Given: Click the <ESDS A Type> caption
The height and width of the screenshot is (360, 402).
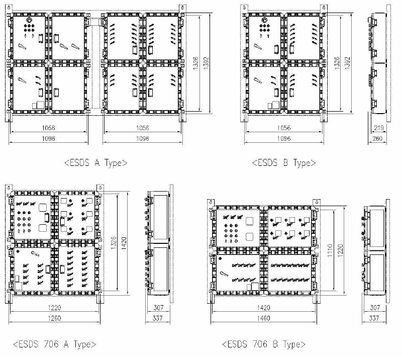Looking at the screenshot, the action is coord(95,163).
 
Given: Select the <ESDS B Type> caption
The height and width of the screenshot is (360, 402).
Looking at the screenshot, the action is coord(284,163).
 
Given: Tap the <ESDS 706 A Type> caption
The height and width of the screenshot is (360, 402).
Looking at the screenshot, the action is coord(54,344).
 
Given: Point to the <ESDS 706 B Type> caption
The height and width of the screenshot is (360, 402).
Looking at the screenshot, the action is coord(264,344).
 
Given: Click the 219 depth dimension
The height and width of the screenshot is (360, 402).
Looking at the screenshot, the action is coord(379,128).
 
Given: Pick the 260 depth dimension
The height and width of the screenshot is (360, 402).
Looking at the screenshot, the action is coord(377,139).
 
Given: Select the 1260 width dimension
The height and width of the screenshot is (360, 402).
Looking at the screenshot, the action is coord(54,318).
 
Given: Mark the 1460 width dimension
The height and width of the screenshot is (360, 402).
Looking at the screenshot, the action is coord(263,318).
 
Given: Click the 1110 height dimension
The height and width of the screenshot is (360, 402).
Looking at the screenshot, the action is coord(330,250).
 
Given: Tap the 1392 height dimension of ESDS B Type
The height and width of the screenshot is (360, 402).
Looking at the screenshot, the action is coord(348,63).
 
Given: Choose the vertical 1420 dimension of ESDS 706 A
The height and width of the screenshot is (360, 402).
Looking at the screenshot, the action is coord(124,244).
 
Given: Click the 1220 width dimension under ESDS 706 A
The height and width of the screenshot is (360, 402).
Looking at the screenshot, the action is coord(54,308).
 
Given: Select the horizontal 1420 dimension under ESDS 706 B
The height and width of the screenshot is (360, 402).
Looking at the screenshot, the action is coord(263,308).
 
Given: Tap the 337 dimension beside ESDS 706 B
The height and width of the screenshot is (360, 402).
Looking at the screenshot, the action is coord(374,318).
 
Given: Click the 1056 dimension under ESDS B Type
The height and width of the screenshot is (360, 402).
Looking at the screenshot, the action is coord(284,128).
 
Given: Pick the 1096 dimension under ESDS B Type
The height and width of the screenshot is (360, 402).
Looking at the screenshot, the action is coord(284,139).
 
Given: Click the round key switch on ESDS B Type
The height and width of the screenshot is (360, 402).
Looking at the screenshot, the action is coord(265,20).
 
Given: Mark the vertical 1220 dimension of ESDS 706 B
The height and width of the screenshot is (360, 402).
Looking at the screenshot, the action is coord(341,250).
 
